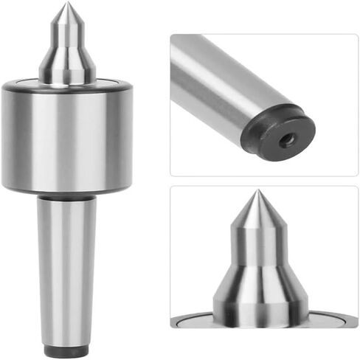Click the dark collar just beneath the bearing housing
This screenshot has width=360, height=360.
[x=66, y=198]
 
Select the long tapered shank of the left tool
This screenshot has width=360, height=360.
[x=66, y=273]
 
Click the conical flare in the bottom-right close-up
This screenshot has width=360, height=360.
[x=256, y=291]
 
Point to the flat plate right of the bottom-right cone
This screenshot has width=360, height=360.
[x=332, y=320]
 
